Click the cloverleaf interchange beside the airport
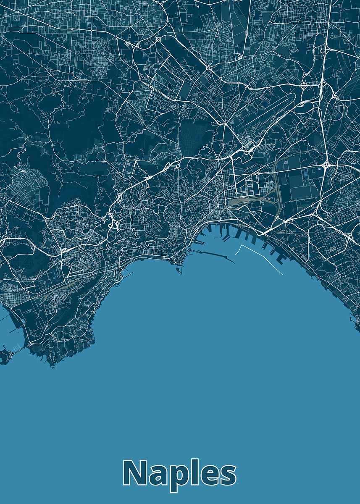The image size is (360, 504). point(303,86)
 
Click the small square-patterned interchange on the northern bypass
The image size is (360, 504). point(158,39)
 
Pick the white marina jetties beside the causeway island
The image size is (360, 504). point(17,347)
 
